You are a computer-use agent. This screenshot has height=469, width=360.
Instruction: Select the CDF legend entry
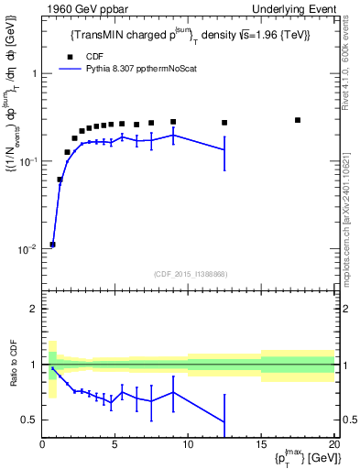click(x=93, y=56)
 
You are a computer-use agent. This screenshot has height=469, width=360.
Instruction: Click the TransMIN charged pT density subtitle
click(x=191, y=35)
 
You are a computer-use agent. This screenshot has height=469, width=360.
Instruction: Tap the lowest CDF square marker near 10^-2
click(x=53, y=245)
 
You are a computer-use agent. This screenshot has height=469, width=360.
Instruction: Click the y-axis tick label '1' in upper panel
click(x=35, y=73)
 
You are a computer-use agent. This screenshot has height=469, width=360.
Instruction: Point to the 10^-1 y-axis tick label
click(x=27, y=161)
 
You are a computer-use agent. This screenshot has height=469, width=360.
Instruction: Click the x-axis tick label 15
click(x=261, y=445)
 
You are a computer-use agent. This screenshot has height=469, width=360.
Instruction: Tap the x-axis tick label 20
click(x=333, y=445)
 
